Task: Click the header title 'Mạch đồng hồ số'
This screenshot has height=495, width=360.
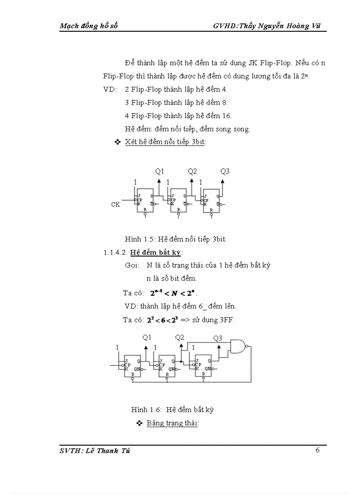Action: [x=89, y=26]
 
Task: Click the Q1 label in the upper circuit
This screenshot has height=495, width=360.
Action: [x=160, y=171]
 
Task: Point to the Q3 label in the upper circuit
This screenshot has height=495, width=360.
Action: [x=225, y=171]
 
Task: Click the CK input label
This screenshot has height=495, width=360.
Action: [x=116, y=205]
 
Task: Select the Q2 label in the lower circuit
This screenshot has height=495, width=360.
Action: [x=180, y=338]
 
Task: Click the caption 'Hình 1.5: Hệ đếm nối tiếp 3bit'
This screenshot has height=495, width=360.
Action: [x=175, y=239]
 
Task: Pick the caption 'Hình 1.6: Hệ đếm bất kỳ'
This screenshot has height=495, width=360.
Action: [x=172, y=409]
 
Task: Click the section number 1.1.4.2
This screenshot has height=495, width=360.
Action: [x=115, y=253]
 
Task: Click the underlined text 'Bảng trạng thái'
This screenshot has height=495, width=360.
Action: [x=172, y=423]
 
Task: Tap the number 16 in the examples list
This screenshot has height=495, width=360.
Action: [x=227, y=116]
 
